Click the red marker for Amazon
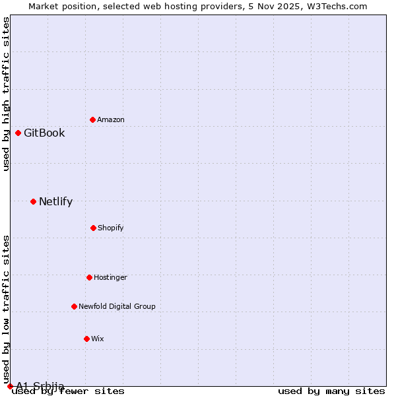click(x=92, y=119)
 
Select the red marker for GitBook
click(x=18, y=133)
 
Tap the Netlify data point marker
click(x=33, y=201)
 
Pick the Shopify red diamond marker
click(x=93, y=228)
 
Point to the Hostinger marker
click(x=89, y=277)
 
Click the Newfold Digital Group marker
click(x=74, y=306)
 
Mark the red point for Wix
click(x=86, y=339)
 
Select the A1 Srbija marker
click(x=10, y=386)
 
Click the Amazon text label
click(x=111, y=120)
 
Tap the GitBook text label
click(x=44, y=133)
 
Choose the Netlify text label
click(x=55, y=202)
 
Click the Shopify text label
click(x=111, y=228)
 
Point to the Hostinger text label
click(x=110, y=278)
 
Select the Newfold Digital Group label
click(x=117, y=307)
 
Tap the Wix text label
click(x=98, y=339)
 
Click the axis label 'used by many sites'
click(x=331, y=391)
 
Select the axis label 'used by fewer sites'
click(x=69, y=391)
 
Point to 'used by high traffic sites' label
click(x=7, y=94)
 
